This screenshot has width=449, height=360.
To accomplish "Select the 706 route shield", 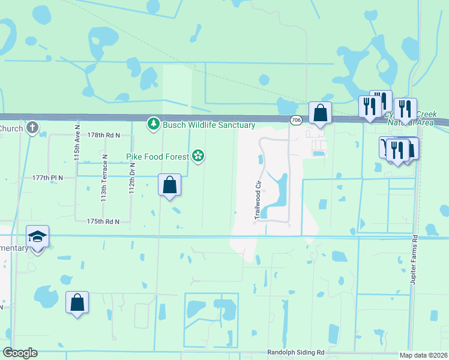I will click(295, 121).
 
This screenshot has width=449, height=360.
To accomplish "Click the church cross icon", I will click(32, 128).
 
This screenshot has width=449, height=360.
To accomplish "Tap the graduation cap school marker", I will click(37, 238).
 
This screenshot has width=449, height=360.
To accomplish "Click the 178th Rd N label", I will click(104, 136).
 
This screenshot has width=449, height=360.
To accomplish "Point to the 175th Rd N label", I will click(103, 221).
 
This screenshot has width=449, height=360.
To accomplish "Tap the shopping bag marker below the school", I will click(77, 303).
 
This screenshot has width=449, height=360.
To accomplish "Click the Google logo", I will click(20, 353).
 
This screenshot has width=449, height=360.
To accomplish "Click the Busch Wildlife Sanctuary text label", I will click(209, 125).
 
